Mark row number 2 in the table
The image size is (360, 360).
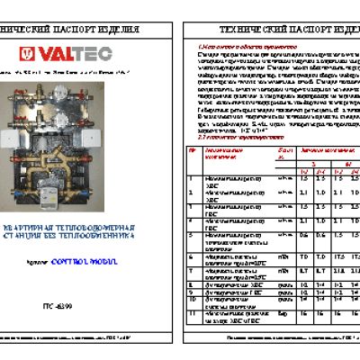click(x=191, y=192)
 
